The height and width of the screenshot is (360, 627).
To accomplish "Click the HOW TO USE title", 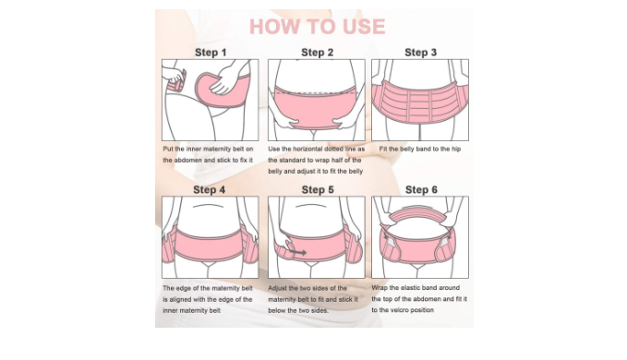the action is (317, 27).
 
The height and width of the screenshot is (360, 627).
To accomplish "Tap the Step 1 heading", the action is (211, 53).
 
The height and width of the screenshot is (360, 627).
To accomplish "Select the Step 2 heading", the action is (317, 53).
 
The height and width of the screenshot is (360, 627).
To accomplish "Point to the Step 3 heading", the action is (421, 53).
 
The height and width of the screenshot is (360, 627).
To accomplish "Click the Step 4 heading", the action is (209, 189).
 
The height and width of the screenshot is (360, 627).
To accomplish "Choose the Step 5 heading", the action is (318, 189).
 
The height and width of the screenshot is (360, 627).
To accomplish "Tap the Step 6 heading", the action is (421, 189).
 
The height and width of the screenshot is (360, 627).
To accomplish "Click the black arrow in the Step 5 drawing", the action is (298, 253).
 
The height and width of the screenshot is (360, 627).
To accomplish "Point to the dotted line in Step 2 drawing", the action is (316, 93).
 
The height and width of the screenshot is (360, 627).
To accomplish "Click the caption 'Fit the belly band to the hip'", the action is (420, 149).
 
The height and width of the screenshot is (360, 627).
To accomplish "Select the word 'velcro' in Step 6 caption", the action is (400, 310).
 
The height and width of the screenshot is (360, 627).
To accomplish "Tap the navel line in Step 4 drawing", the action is (209, 206).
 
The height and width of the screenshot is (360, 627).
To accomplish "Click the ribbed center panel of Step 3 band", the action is (420, 104).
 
